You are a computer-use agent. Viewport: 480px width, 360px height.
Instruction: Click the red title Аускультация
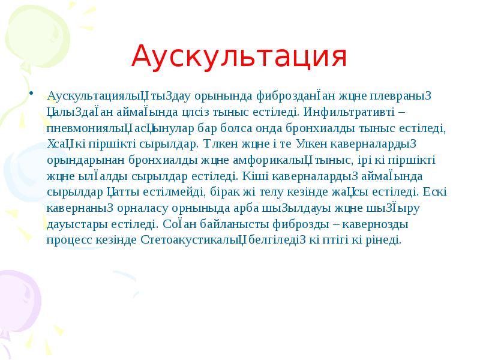(x=239, y=57)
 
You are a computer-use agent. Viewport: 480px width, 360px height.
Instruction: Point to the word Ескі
(x=434, y=193)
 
